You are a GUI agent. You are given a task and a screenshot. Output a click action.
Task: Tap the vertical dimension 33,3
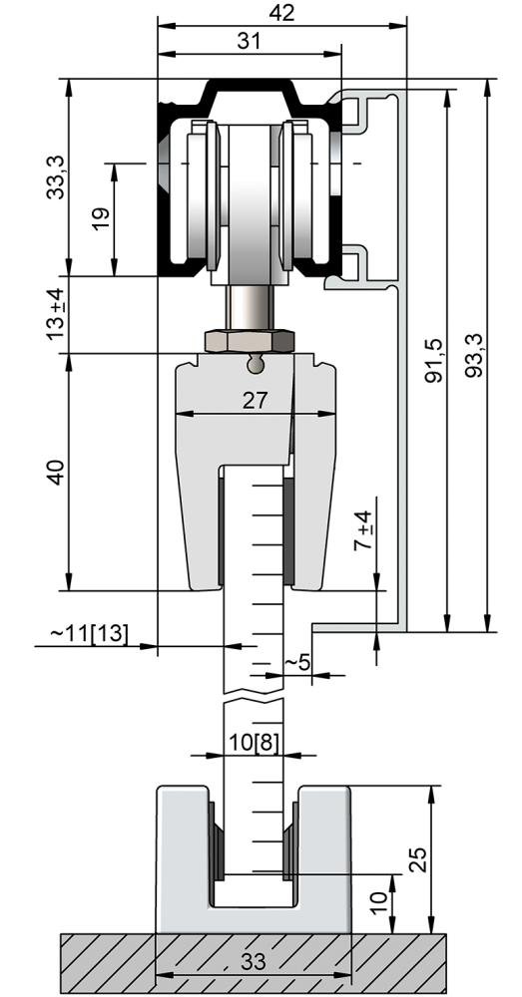pyautogui.click(x=58, y=174)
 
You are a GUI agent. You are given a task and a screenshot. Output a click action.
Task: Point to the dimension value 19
pyautogui.click(x=99, y=219)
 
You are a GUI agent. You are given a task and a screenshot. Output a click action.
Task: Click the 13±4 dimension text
pyautogui.click(x=57, y=314)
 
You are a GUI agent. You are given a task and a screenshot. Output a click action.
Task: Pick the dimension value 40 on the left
pyautogui.click(x=57, y=472)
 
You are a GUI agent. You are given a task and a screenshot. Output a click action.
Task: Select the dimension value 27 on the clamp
pyautogui.click(x=256, y=401)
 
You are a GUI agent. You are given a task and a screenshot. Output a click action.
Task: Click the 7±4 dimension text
pyautogui.click(x=365, y=530)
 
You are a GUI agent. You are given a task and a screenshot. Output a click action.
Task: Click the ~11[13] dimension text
pyautogui.click(x=90, y=633)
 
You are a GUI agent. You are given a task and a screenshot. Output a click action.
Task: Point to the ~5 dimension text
pyautogui.click(x=297, y=662)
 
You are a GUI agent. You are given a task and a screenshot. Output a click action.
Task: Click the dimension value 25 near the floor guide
pyautogui.click(x=418, y=858)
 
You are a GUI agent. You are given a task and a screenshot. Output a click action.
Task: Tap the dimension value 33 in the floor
pyautogui.click(x=254, y=962)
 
